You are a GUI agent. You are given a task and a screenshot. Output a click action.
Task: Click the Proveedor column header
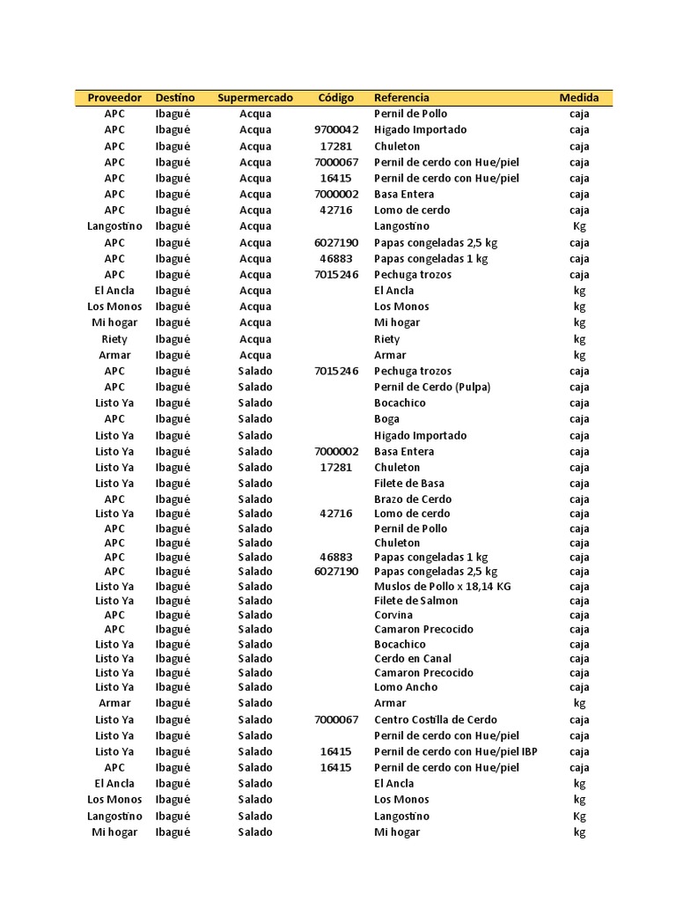pos(114,98)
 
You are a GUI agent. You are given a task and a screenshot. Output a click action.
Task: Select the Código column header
pos(335,98)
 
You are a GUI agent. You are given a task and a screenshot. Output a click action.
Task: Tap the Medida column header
pos(579,98)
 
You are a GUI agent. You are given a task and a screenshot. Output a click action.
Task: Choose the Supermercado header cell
pos(255,98)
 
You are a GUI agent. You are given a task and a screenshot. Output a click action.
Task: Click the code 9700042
pos(335,130)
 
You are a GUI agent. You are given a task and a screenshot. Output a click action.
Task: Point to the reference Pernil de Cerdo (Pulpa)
pos(432,388)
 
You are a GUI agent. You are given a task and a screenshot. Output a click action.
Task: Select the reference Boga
pos(386,419)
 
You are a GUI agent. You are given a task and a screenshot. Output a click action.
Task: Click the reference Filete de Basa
pos(409,484)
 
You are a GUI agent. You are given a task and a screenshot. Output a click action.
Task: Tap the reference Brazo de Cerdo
pos(413,499)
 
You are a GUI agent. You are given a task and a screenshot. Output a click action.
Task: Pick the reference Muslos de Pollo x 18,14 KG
pos(442,587)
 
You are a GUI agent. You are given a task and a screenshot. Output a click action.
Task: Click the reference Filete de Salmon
pos(415,601)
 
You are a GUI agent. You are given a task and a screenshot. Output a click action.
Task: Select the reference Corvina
pos(393,615)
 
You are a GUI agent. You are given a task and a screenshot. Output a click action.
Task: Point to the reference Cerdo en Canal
pos(413,659)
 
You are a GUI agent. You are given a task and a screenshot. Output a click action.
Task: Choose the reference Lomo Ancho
pos(406,687)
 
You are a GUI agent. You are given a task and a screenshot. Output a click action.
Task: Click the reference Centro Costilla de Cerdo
pos(436,720)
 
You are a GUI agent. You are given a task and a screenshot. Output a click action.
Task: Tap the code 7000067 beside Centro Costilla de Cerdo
pos(335,720)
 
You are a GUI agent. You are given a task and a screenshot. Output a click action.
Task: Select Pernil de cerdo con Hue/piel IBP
pos(455,752)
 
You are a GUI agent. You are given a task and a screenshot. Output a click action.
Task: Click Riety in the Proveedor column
pos(114,339)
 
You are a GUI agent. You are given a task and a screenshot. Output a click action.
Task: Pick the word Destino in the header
pos(175,98)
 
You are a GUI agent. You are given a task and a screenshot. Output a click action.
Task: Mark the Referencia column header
pos(401,98)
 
